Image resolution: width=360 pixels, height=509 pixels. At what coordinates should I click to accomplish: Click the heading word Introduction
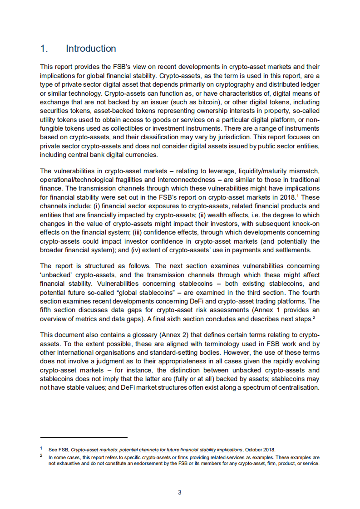pyautogui.click(x=91, y=49)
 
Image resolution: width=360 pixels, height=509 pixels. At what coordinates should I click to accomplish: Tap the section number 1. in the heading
pyautogui.click(x=44, y=49)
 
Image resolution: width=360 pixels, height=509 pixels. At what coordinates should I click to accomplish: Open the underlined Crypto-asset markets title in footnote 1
pyautogui.click(x=157, y=450)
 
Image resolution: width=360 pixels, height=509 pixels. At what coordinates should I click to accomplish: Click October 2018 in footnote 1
pyautogui.click(x=260, y=450)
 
